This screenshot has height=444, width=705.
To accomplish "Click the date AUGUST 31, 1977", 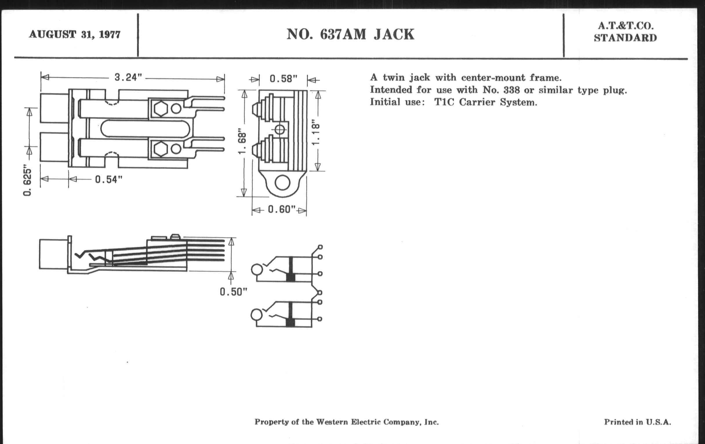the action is pyautogui.click(x=75, y=35).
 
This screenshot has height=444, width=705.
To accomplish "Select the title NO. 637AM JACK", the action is pyautogui.click(x=350, y=34).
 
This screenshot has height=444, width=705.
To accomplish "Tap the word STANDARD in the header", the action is pyautogui.click(x=625, y=38).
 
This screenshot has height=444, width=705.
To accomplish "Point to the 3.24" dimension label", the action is pyautogui.click(x=128, y=77).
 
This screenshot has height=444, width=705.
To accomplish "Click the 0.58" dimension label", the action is pyautogui.click(x=284, y=79).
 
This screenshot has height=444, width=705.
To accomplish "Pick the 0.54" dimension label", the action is pyautogui.click(x=109, y=179).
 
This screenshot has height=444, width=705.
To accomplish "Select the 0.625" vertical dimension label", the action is pyautogui.click(x=27, y=182).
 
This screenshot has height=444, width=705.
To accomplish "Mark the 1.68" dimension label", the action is pyautogui.click(x=242, y=141).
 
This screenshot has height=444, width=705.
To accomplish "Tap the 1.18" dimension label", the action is pyautogui.click(x=316, y=132).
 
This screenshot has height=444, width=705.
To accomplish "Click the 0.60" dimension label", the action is pyautogui.click(x=282, y=210).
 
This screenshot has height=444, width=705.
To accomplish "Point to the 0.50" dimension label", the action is pyautogui.click(x=234, y=292).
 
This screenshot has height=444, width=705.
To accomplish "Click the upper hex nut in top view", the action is pyautogui.click(x=161, y=109).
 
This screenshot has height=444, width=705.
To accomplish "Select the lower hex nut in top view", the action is pyautogui.click(x=161, y=149).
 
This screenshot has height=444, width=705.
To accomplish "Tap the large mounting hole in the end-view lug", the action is pyautogui.click(x=283, y=183).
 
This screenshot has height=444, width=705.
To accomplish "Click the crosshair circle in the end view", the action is pyautogui.click(x=280, y=129).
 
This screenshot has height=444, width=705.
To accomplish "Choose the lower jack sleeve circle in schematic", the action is pyautogui.click(x=257, y=315).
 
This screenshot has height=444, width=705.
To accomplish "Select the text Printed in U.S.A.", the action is pyautogui.click(x=638, y=422).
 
